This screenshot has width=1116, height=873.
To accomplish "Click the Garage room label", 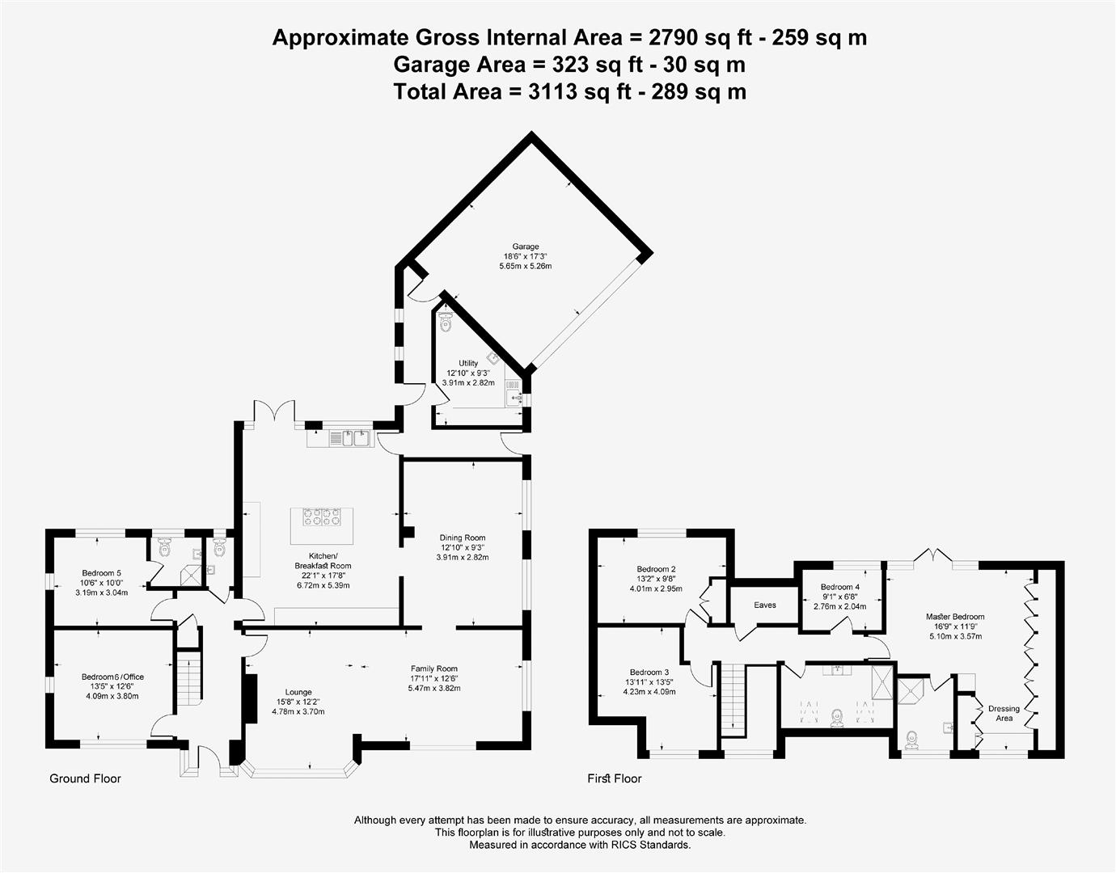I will click(x=525, y=247).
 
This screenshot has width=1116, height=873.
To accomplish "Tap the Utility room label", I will click(x=468, y=364).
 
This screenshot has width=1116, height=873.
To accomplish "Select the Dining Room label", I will click(x=463, y=538).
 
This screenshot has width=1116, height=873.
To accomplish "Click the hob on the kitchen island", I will click(x=320, y=517).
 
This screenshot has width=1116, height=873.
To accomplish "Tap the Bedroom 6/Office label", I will click(x=112, y=677).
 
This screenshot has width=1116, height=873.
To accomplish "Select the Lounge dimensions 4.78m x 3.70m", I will click(x=298, y=712).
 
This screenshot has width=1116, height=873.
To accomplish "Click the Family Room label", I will click(x=434, y=668).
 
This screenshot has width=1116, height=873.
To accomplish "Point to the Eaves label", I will click(x=765, y=605).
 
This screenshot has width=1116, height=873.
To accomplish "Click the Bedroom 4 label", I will click(x=840, y=587).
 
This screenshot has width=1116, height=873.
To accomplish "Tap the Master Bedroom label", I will click(x=955, y=617).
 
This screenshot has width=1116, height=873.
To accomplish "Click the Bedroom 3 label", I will click(x=649, y=673).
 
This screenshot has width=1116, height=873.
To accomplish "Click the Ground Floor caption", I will click(x=85, y=778).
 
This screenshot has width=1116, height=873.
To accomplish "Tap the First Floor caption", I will click(x=614, y=778).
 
